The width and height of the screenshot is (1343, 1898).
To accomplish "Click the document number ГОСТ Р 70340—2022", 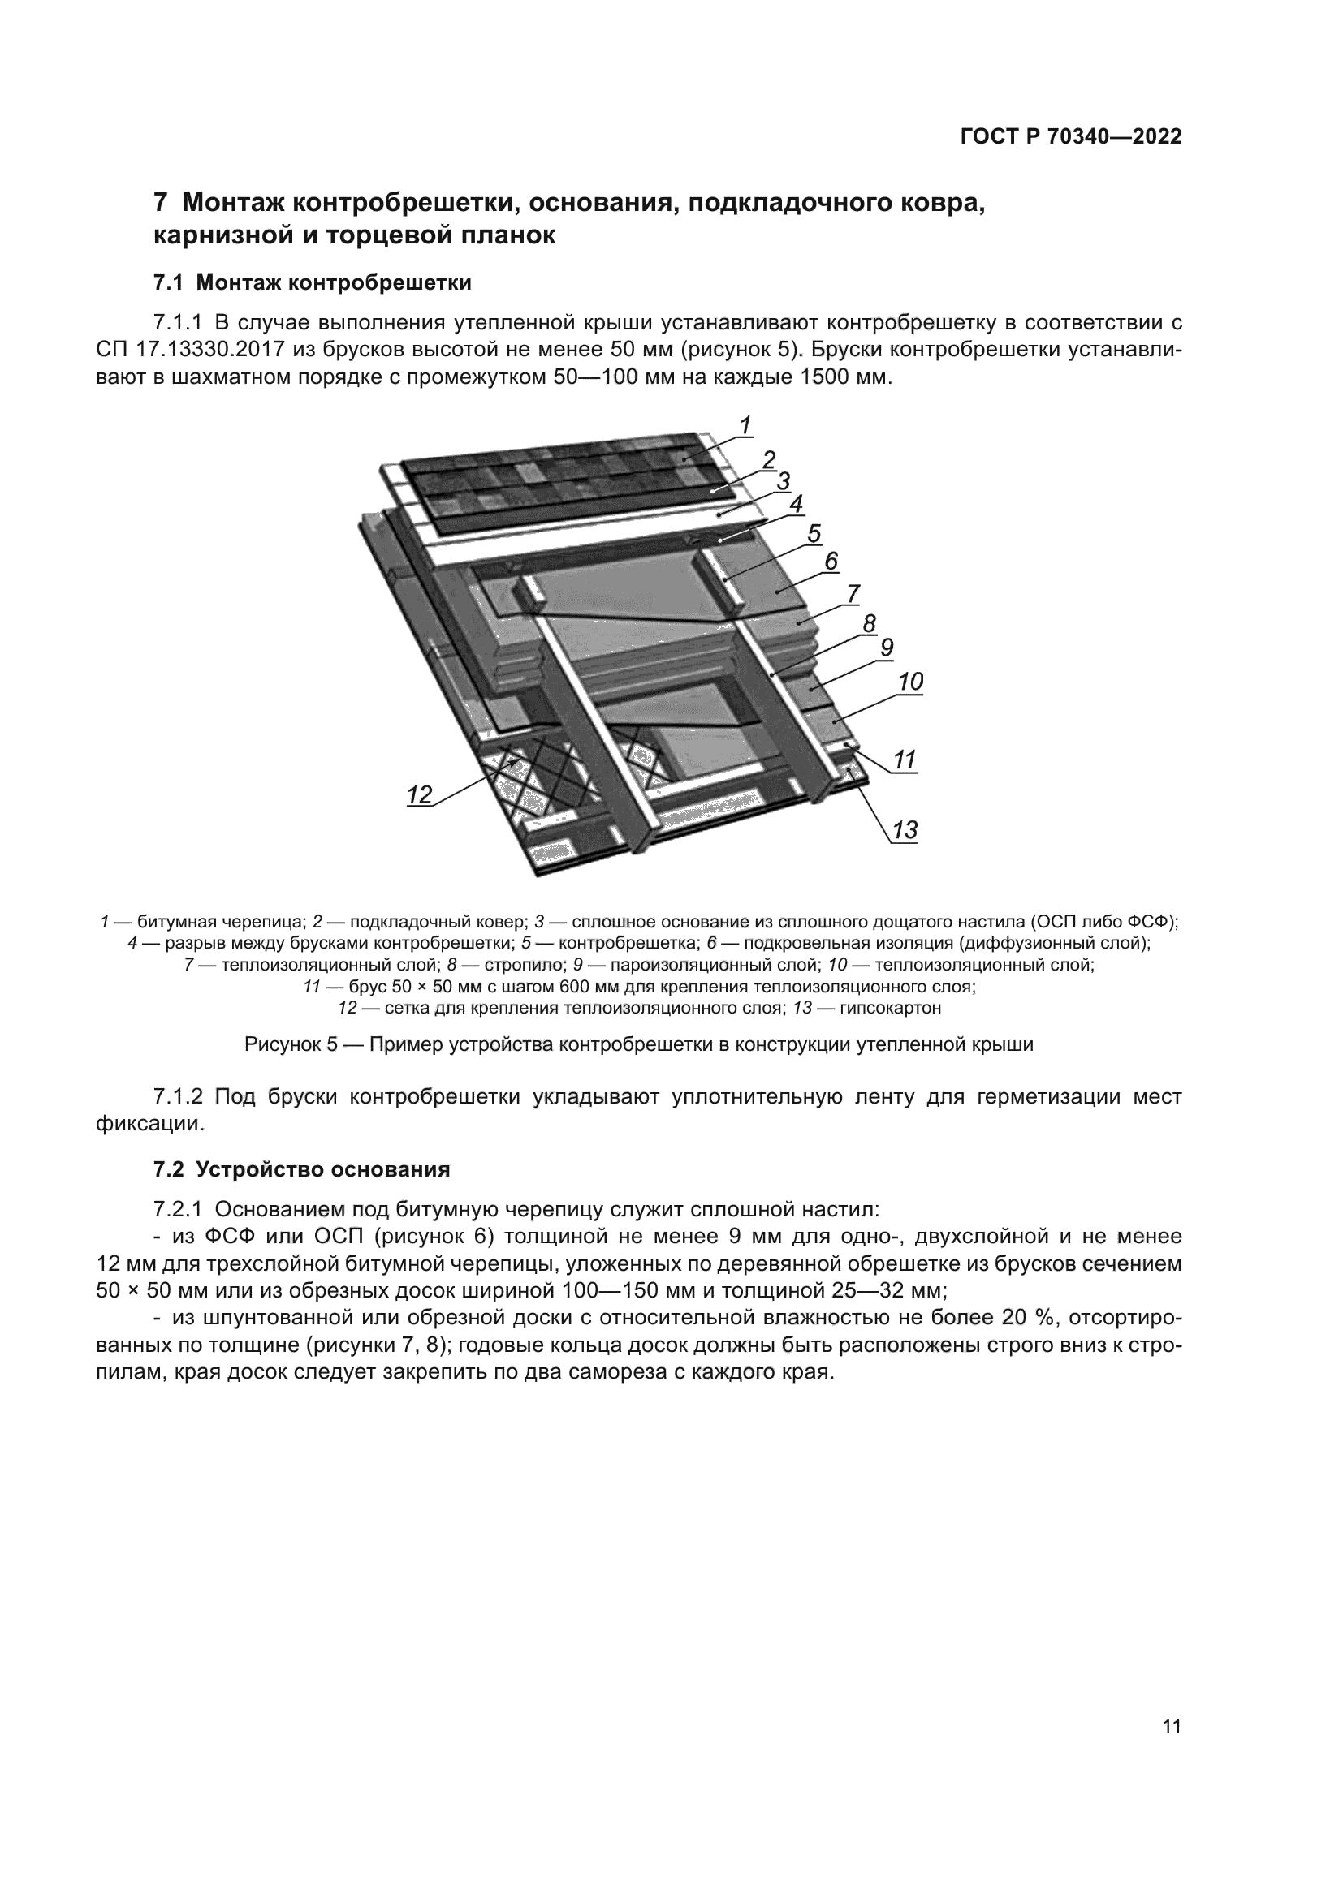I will tap(1071, 137).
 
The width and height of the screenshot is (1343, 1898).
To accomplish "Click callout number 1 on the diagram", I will tap(745, 426).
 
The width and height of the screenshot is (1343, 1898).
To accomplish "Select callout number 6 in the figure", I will tap(831, 562).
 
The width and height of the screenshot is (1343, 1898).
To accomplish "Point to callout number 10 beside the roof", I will tap(910, 682).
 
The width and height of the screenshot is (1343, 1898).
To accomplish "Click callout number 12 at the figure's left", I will tap(420, 795).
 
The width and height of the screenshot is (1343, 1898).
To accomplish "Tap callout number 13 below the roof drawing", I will tap(905, 829).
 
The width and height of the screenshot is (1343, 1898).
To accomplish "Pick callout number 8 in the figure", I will tap(869, 623).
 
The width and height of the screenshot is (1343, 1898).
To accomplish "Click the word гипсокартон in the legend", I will tap(891, 1009).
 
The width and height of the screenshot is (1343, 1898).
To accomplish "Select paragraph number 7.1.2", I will tap(178, 1097).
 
